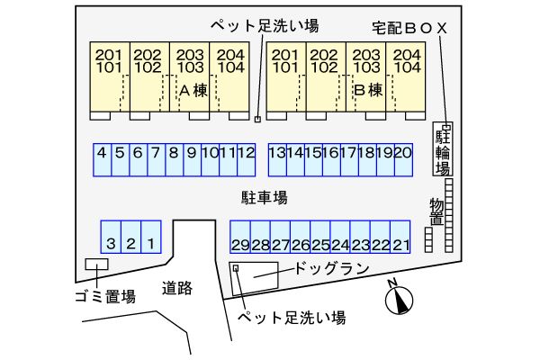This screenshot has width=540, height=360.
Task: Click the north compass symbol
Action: [x=398, y=301]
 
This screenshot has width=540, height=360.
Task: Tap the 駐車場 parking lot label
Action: [x=264, y=197]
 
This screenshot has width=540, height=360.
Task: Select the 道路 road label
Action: [x=177, y=289]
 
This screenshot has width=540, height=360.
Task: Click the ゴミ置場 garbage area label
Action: [x=104, y=296]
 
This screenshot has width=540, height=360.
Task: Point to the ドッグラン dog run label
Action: [x=332, y=268]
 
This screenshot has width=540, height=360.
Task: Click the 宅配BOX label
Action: [x=409, y=28]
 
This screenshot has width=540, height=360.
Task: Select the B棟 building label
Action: [x=369, y=90]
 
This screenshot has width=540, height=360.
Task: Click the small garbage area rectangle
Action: [x=95, y=265]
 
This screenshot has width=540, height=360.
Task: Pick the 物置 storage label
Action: [x=436, y=213]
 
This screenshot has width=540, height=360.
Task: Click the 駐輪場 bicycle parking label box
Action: [x=443, y=148]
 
